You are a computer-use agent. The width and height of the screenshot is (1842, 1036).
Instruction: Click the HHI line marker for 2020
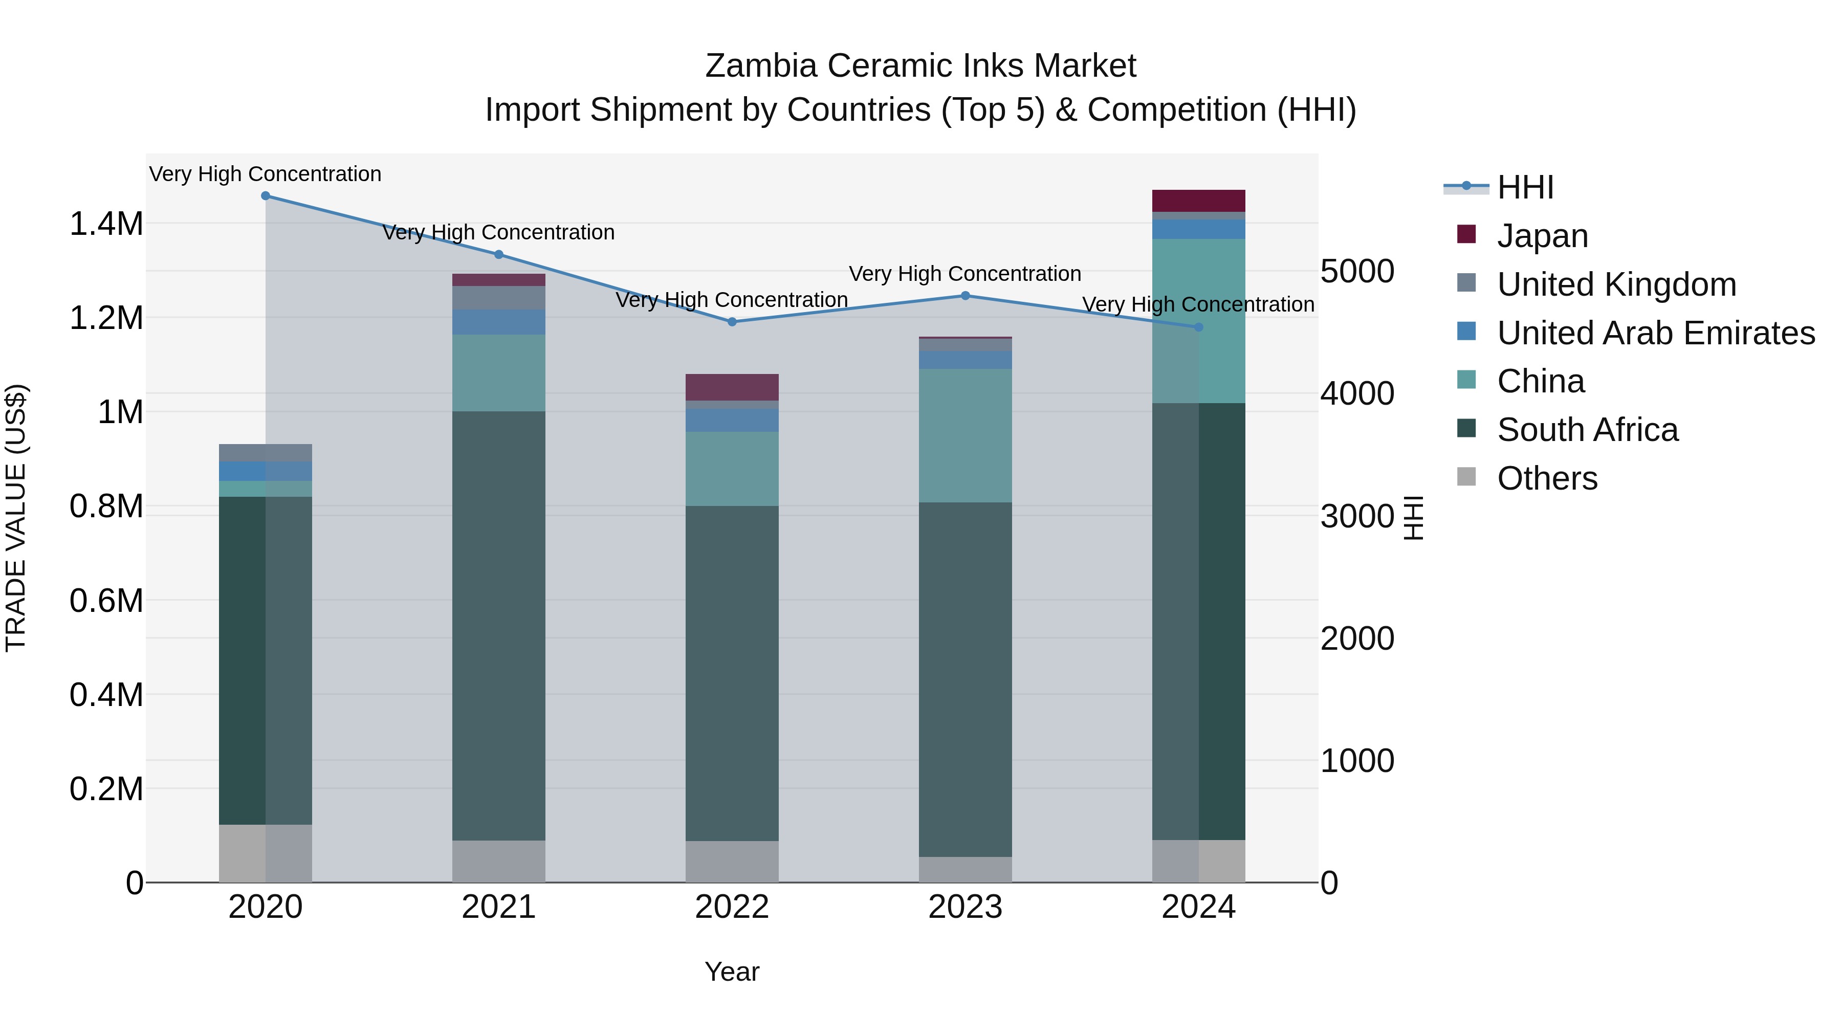coord(265,196)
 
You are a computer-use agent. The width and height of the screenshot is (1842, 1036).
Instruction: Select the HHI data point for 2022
coord(732,322)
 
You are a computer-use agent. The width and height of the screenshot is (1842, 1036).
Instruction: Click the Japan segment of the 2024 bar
coord(1198,201)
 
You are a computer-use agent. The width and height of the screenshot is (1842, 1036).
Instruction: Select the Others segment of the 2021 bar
coord(498,861)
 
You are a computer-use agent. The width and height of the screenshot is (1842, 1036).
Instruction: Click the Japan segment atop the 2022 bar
coord(732,387)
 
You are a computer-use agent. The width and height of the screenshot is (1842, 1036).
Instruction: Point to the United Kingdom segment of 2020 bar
coord(265,453)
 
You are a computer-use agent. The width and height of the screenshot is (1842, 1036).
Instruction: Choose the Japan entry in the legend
coord(1542,236)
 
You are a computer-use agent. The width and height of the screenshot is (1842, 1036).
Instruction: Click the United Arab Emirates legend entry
coord(1655,333)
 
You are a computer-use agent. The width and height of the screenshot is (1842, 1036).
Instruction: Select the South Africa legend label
coord(1587,430)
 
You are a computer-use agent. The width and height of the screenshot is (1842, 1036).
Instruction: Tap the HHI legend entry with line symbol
coord(1525,187)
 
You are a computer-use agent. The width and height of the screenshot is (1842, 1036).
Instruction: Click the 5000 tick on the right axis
coord(1356,272)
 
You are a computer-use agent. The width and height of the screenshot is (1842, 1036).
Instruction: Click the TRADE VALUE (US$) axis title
coord(16,518)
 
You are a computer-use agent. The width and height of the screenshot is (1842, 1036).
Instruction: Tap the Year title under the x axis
coord(732,972)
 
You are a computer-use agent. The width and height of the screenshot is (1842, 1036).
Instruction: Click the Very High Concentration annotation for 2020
coord(265,174)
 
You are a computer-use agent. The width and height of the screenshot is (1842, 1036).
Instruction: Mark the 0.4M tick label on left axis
coord(106,695)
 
